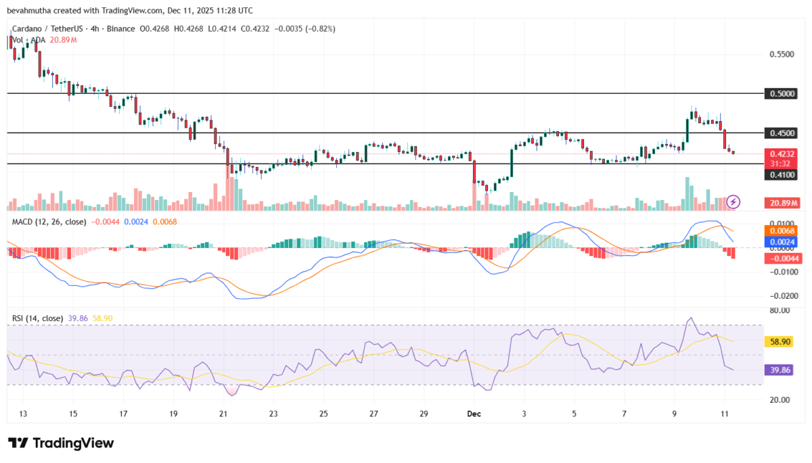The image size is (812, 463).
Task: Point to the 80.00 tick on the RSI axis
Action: (780, 311)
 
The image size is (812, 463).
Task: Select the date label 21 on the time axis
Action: (223, 414)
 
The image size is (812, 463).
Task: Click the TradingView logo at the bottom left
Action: (61, 443)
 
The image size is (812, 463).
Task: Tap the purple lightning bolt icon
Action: (734, 201)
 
